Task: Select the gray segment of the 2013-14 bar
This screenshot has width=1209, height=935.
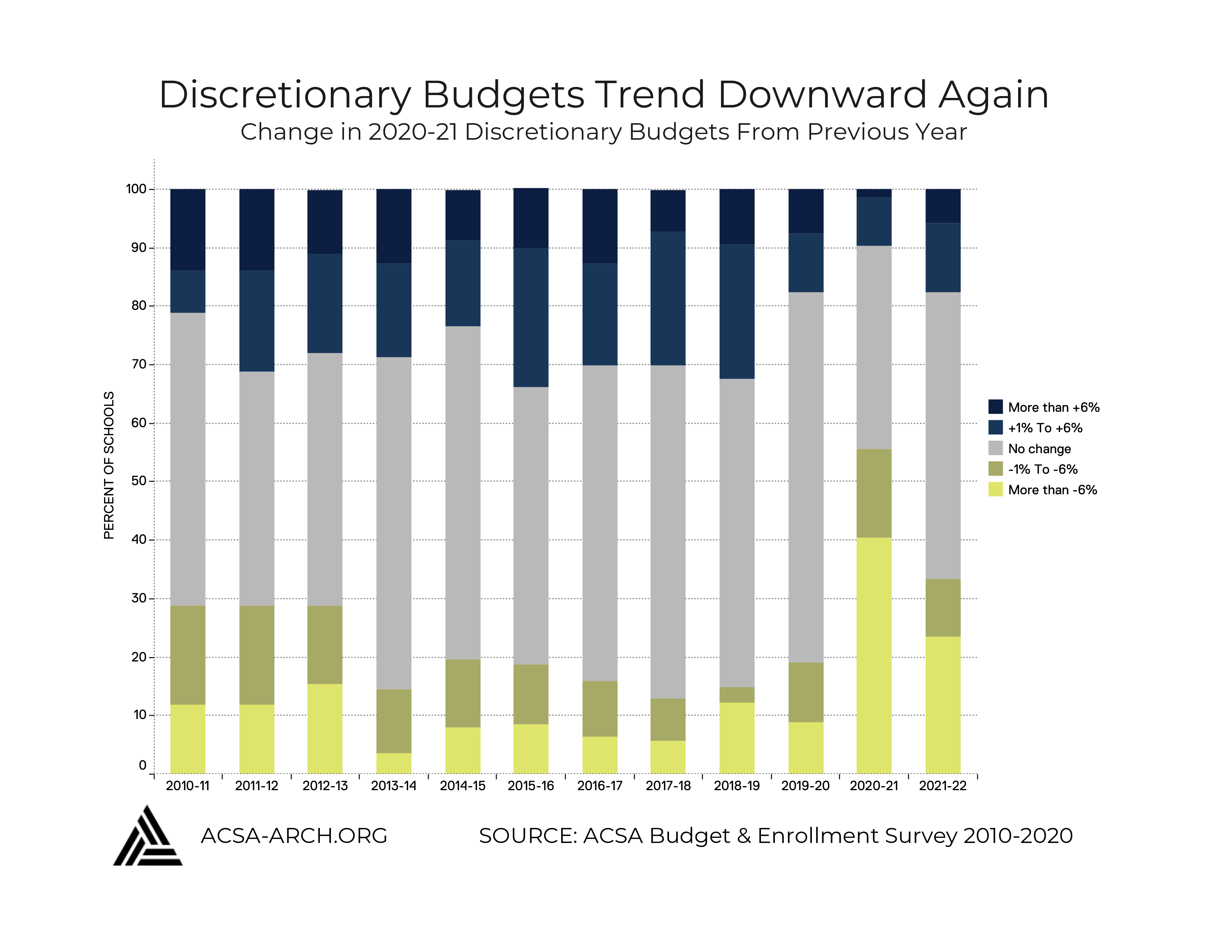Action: click(393, 522)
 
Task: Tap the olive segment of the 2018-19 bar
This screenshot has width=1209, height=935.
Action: click(736, 694)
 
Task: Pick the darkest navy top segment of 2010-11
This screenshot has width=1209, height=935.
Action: click(188, 229)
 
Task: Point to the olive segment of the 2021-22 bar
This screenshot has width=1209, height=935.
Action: click(942, 607)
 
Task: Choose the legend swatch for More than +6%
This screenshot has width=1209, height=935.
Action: click(995, 407)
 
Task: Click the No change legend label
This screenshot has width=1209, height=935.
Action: click(1039, 449)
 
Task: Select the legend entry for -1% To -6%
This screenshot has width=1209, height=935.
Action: click(1042, 469)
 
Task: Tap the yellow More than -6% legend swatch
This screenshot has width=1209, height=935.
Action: click(995, 489)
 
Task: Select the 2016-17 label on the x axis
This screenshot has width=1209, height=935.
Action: click(599, 785)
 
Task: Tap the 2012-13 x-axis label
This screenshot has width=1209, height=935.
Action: click(325, 785)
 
